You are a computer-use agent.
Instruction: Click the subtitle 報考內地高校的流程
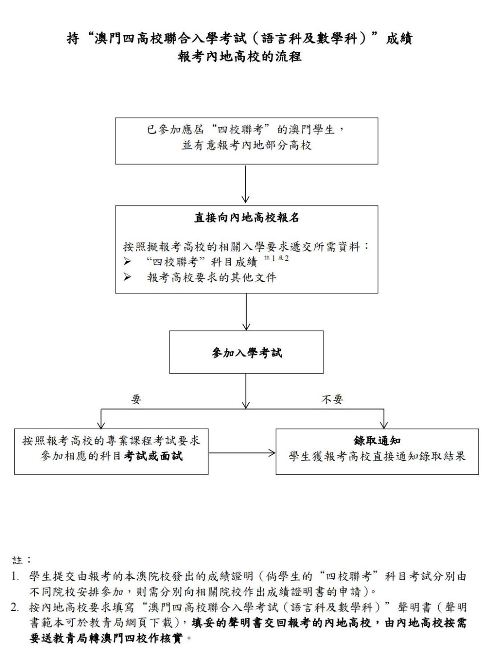tap(240, 57)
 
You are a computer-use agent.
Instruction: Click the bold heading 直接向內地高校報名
tap(247, 218)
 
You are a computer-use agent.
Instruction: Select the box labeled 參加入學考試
tap(247, 352)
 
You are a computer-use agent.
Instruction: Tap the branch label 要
tap(136, 399)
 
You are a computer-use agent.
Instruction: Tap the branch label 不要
tap(333, 399)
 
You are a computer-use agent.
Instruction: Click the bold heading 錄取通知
tap(377, 441)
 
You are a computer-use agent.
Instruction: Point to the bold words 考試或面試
tap(153, 456)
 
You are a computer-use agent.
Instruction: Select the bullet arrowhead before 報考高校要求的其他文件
tap(127, 277)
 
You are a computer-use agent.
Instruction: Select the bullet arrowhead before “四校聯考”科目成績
tap(127, 262)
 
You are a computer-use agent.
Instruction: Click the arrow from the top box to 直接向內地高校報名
tap(246, 184)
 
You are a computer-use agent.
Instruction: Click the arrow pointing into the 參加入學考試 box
tap(246, 312)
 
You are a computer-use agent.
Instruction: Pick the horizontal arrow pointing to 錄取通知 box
tap(242, 453)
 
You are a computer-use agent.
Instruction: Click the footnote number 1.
tap(14, 576)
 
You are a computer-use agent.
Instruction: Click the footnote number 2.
tap(14, 608)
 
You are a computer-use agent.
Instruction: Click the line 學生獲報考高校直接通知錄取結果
tap(377, 457)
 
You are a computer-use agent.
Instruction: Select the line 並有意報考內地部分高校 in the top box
tap(247, 145)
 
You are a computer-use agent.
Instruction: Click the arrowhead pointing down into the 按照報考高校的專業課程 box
tap(101, 425)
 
